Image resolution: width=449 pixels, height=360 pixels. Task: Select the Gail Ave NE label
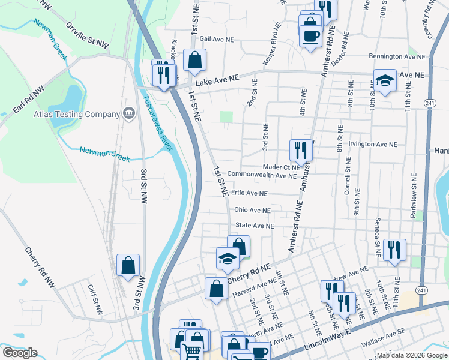(208, 38)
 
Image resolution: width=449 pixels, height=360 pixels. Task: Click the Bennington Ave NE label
(396, 57)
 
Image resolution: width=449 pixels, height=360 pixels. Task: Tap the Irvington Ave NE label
(374, 145)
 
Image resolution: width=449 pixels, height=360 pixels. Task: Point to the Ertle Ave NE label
(249, 194)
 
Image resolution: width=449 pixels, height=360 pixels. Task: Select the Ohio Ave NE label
(252, 211)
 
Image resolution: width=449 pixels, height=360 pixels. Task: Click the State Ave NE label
(255, 226)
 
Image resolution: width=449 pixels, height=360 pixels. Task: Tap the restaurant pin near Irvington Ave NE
(301, 150)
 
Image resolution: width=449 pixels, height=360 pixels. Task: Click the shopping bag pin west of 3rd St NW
(128, 265)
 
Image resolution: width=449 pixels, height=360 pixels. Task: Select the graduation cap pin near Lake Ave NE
(384, 80)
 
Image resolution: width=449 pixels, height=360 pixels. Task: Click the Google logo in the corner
(20, 353)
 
